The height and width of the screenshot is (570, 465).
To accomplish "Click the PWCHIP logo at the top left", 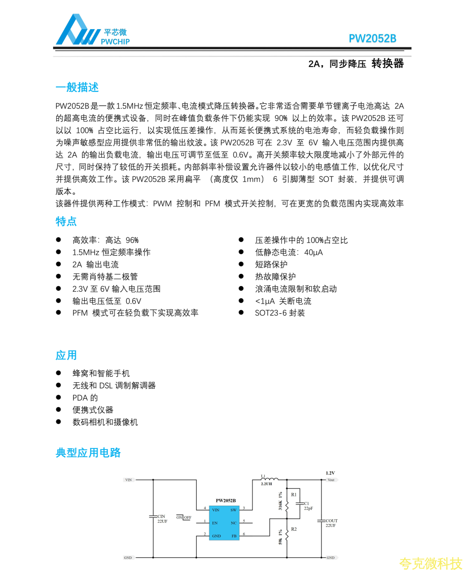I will click(x=91, y=30).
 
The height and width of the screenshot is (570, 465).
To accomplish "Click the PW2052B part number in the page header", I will click(x=372, y=39).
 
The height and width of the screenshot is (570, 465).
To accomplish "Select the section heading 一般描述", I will click(x=77, y=88).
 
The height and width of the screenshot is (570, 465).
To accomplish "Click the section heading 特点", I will click(x=66, y=221).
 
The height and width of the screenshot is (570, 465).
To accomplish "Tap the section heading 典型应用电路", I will click(x=88, y=453).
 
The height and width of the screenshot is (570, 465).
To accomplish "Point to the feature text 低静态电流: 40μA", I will click(x=289, y=252).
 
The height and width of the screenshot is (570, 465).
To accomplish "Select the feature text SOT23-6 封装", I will click(x=280, y=313).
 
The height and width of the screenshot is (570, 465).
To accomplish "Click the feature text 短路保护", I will click(x=271, y=265).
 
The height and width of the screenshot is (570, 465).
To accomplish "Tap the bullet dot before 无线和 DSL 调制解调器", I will click(x=59, y=385).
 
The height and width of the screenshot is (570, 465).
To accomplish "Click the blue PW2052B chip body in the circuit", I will click(x=224, y=523).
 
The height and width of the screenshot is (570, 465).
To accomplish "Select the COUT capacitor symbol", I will click(x=321, y=521).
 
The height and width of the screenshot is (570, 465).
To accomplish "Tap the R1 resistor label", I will click(x=294, y=494).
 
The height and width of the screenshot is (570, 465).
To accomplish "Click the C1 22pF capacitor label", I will click(x=308, y=506).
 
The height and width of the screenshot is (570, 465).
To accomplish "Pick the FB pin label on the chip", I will click(x=234, y=536).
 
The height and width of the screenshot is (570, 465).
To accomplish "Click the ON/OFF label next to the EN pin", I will click(x=184, y=517).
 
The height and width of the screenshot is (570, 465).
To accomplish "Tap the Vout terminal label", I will click(x=331, y=480).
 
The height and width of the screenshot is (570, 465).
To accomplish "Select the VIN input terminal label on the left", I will click(x=129, y=480).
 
